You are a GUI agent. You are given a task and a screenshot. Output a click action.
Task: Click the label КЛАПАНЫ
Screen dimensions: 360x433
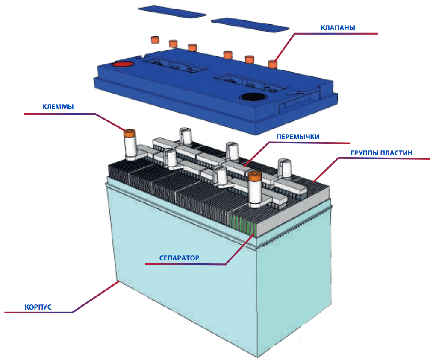(x=338, y=28)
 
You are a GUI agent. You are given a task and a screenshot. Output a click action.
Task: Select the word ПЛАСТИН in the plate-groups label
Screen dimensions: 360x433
(x=397, y=153)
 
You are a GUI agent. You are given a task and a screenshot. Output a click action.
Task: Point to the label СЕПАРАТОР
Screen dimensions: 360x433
(x=179, y=258)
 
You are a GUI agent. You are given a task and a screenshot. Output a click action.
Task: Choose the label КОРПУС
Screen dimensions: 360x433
(x=38, y=307)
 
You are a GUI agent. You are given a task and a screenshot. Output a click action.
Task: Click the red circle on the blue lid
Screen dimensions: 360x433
(x=123, y=64)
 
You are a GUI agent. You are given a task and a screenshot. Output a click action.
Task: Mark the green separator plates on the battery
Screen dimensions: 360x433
(x=242, y=225)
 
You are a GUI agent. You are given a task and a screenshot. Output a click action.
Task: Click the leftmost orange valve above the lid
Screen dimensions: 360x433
(x=154, y=40)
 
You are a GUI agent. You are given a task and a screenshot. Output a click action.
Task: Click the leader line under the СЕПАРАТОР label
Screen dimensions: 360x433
(x=184, y=264)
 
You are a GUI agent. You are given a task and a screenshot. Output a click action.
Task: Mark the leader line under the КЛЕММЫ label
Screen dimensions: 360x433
(x=60, y=114)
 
